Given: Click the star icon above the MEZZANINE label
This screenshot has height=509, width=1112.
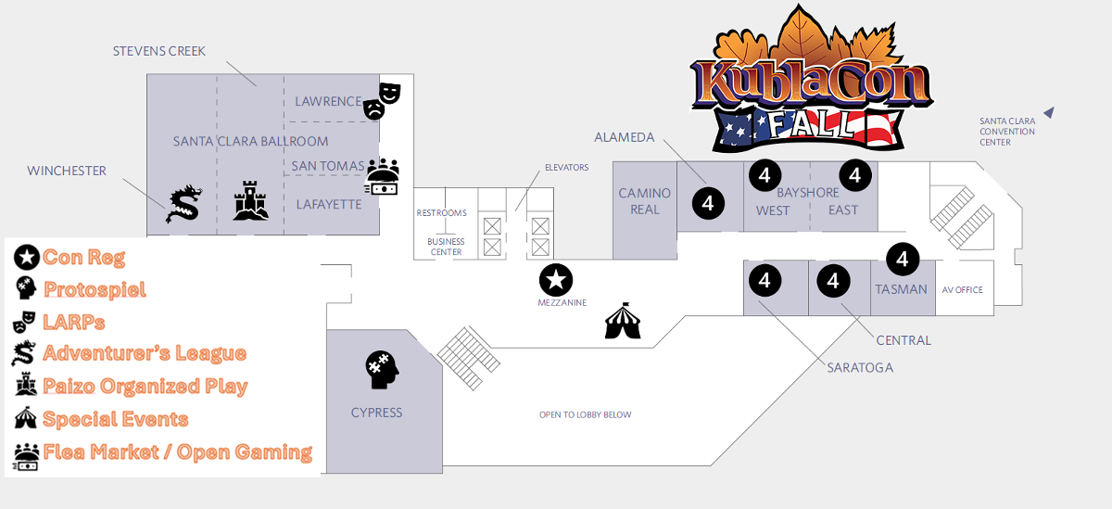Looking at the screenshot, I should [556, 279].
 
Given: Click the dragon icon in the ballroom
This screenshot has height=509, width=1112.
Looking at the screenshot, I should [183, 204].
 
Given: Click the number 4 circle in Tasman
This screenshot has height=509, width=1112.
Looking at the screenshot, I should [902, 259].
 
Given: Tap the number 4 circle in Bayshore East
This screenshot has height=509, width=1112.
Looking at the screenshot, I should [855, 174].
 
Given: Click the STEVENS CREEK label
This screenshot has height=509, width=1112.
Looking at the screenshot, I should [158, 50].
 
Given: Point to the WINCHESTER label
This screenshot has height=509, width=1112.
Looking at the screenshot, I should [67, 171].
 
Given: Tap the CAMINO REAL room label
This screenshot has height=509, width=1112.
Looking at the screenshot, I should [645, 201].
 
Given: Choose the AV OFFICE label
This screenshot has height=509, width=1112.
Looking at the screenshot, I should [963, 290].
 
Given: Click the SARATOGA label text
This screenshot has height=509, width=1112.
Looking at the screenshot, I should [861, 368].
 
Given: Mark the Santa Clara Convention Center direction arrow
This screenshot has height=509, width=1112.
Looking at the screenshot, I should [1049, 112].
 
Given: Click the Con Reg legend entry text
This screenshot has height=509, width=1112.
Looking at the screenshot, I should [83, 258].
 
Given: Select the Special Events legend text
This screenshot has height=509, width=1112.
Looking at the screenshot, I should [115, 419].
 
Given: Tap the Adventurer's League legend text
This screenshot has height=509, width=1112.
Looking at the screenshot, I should [144, 353].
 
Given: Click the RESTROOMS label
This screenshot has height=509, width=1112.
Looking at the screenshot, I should [441, 213].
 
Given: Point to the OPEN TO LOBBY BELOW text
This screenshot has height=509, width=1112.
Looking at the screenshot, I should [586, 414].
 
